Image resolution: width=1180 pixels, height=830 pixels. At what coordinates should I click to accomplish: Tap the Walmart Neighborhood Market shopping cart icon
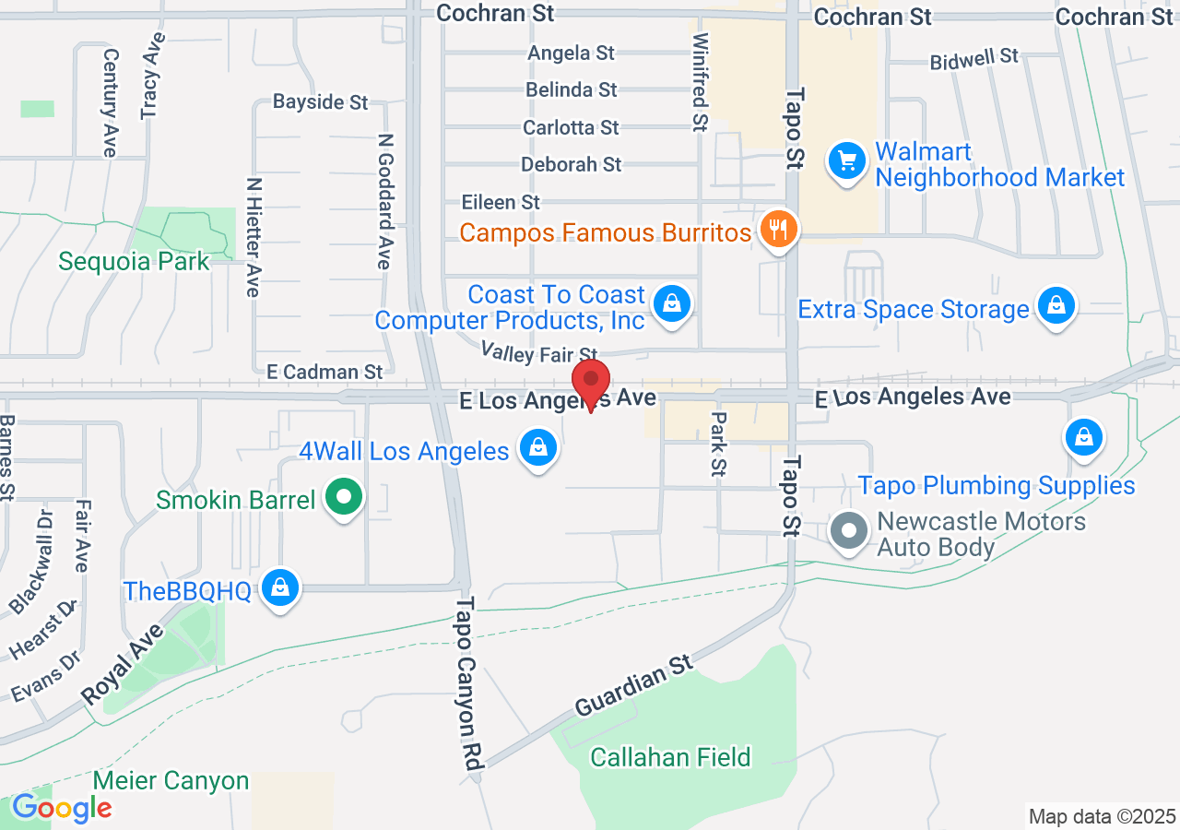coord(845,162)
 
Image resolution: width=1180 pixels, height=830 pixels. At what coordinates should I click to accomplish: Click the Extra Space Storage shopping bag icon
coord(1056,306)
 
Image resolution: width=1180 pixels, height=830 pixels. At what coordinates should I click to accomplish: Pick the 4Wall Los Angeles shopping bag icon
coord(538,449)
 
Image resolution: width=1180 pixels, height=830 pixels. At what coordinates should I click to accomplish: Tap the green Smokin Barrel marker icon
coord(345,499)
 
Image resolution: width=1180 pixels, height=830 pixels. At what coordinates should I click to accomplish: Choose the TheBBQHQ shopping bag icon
coord(280,587)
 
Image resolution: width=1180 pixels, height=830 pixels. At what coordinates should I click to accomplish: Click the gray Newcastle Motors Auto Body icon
coord(848,531)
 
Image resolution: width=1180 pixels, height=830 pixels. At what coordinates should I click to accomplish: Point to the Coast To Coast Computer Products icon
coord(673,303)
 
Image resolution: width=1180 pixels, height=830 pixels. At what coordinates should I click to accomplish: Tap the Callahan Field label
coord(670,757)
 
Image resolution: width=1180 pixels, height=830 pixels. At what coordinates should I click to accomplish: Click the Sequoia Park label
coord(134,261)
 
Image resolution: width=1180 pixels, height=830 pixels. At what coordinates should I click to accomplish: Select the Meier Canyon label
coord(171,780)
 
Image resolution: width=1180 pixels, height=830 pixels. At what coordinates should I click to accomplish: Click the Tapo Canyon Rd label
coord(469,683)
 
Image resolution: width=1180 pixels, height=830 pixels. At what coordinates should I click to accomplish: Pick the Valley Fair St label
coord(539,351)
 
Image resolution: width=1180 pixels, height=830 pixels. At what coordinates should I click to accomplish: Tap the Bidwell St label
coord(973,59)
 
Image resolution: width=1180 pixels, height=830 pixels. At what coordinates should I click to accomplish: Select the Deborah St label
coord(572,164)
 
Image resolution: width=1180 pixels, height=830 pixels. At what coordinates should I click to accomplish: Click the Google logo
coord(61,808)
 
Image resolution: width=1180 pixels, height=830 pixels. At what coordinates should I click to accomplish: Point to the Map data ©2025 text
coord(1102,816)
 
